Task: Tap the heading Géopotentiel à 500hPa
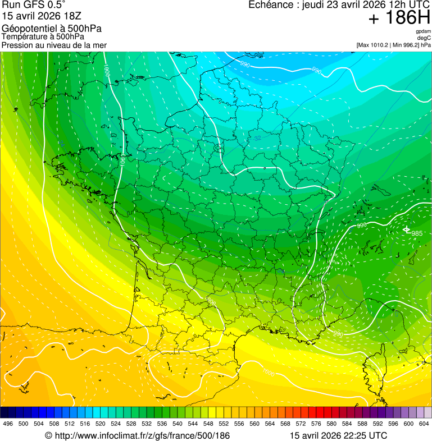52,29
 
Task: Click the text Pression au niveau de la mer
54,45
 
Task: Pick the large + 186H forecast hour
399,19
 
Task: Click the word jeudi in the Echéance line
315,5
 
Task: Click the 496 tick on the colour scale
8,424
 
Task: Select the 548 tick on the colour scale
208,424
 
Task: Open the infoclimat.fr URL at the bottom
137,435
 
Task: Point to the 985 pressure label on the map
417,233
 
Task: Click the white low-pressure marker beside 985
406,230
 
